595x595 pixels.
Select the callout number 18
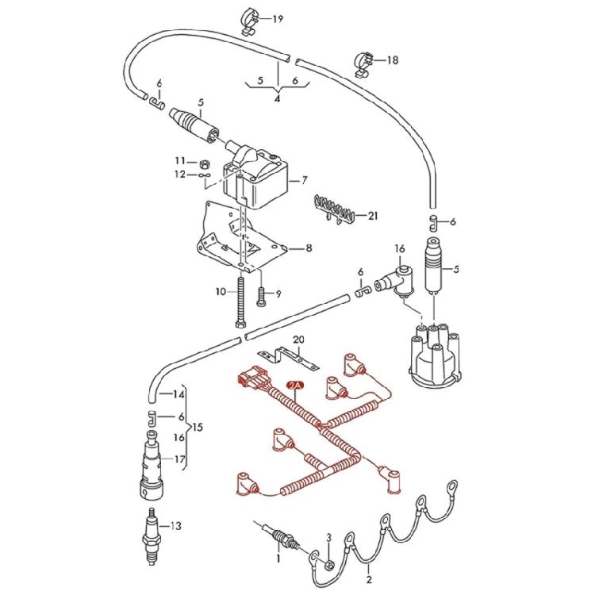393,59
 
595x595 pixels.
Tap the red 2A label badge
295,386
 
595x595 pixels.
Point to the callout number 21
373,215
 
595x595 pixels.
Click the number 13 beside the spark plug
176,525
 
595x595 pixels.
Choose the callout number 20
297,340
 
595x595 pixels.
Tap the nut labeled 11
203,162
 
